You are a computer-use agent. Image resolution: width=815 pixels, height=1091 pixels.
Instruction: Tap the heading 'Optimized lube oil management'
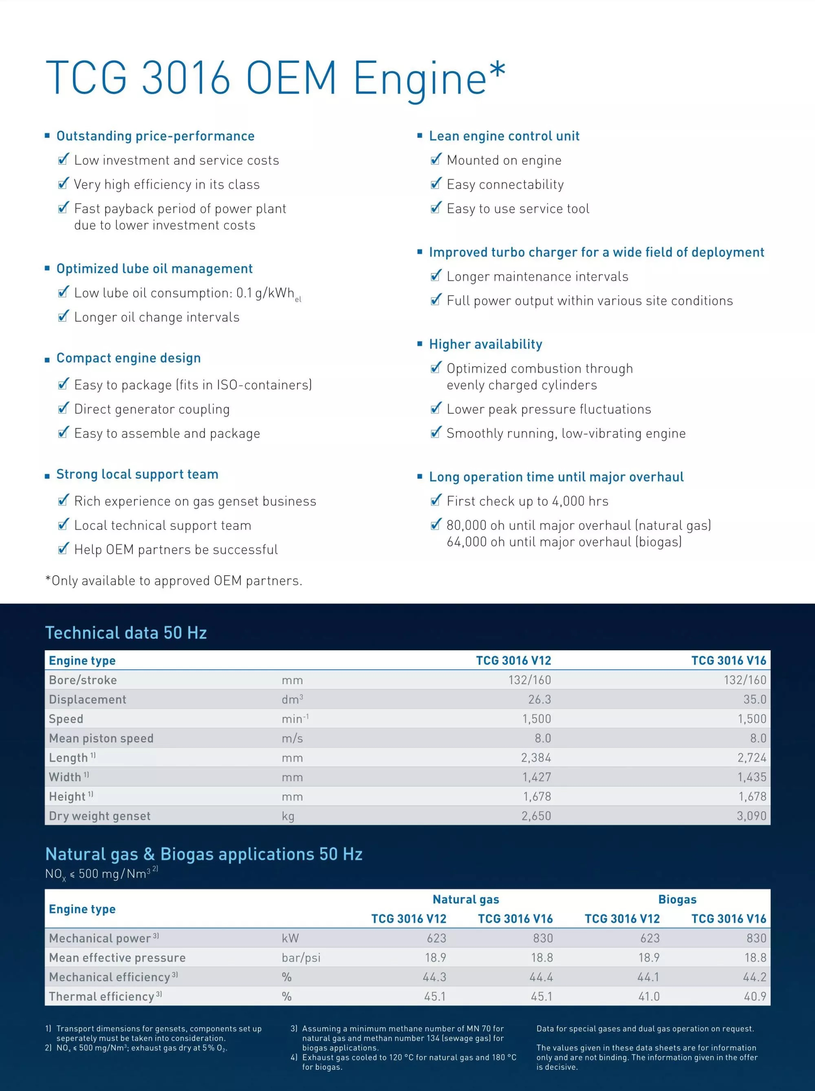click(154, 269)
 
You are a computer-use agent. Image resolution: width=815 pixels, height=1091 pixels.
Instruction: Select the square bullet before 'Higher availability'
click(420, 344)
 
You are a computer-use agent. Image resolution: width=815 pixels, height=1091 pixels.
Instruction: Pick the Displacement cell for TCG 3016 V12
click(540, 699)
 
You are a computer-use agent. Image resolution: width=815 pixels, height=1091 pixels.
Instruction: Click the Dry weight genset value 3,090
click(751, 816)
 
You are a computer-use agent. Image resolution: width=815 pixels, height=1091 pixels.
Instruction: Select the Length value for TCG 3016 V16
click(751, 758)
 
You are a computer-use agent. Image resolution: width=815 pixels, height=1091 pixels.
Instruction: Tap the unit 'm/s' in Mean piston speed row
click(292, 738)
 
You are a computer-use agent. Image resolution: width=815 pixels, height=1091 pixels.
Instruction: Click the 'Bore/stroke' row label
click(83, 680)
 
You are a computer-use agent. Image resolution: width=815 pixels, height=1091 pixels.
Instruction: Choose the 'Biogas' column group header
click(677, 899)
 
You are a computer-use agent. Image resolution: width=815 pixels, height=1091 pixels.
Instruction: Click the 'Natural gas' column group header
click(466, 899)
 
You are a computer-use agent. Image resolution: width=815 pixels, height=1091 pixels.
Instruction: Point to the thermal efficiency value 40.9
click(755, 996)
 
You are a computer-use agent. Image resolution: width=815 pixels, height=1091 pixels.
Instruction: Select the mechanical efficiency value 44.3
click(434, 977)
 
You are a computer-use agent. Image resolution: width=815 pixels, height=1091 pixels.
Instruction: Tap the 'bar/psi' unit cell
click(301, 958)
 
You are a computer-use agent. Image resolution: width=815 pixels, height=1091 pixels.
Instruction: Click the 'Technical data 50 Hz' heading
click(126, 633)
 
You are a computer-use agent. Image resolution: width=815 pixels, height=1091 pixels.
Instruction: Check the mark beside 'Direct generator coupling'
click(63, 409)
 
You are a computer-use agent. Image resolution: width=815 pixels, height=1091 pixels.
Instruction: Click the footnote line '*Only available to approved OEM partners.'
click(174, 581)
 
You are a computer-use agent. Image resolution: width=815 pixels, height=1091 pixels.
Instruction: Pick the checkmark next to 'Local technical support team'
click(63, 525)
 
